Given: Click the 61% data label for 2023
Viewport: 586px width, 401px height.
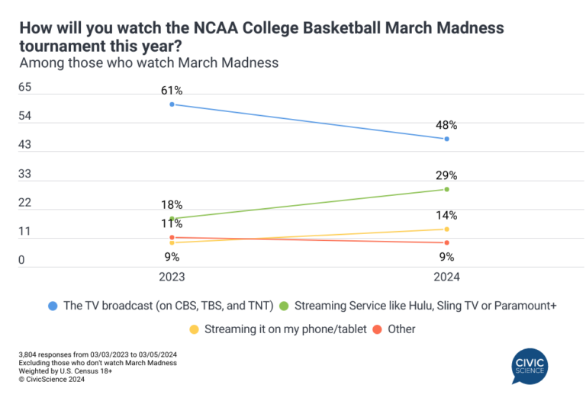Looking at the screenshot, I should point(172,91).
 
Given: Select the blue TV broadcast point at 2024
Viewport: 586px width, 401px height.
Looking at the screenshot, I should point(446,139).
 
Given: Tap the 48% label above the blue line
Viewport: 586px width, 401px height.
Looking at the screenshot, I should point(446,125).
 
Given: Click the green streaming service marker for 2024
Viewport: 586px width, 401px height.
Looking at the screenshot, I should point(446,189).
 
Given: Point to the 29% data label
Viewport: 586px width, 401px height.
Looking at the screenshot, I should point(446,175).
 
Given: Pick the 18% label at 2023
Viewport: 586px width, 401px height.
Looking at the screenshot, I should point(172,204).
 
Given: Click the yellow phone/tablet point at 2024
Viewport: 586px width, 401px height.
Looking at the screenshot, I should point(446,229).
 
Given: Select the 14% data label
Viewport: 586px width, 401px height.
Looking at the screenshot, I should point(446,216).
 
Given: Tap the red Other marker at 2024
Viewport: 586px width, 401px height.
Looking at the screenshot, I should point(446,242).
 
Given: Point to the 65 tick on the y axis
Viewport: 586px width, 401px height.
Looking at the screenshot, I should point(24,88).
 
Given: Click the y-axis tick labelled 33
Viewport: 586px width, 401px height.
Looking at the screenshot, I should point(24,175).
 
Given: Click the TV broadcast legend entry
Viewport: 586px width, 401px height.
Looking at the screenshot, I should point(160,306).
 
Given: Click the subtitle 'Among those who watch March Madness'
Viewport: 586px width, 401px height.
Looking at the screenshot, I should point(149,63).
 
